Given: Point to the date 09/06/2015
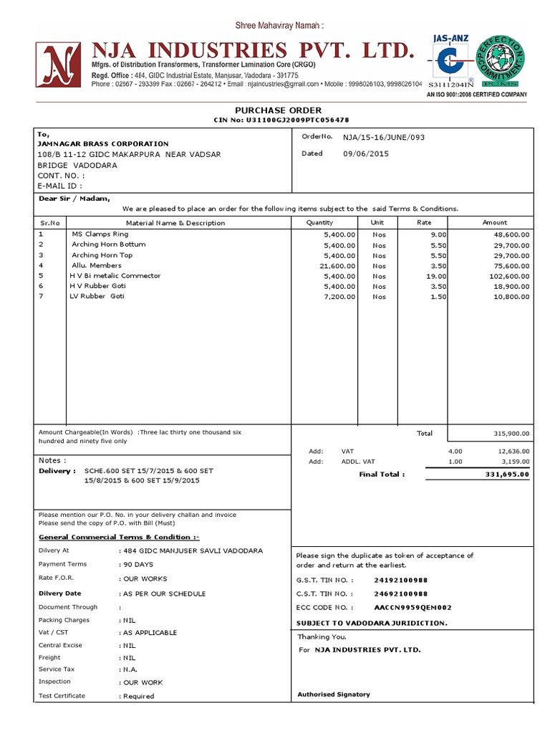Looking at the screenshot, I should (366, 153).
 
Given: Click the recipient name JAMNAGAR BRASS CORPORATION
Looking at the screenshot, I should (103, 144).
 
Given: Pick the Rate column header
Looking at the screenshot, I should (424, 223).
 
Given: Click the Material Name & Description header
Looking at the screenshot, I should (175, 223).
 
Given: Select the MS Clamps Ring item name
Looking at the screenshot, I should (100, 234).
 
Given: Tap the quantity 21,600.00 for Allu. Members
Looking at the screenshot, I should (335, 266).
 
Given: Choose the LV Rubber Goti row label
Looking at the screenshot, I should (97, 297).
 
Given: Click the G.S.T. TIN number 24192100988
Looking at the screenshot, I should (401, 580).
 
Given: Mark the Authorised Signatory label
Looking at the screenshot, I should (334, 694).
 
